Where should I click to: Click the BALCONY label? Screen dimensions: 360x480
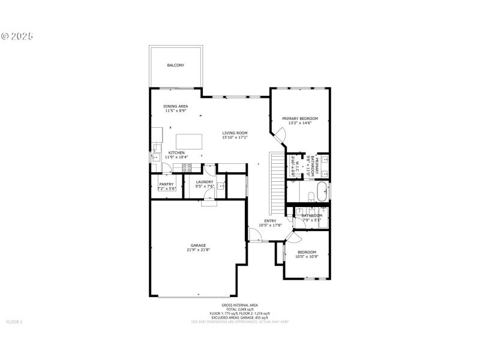coord(176,65)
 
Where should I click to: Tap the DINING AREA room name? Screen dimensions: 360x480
coord(176,106)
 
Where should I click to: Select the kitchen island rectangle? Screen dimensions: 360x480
coord(189,142)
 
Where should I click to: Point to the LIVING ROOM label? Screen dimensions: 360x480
coord(235,133)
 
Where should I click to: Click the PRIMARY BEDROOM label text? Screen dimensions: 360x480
coord(300,119)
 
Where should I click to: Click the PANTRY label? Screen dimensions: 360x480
coord(166,184)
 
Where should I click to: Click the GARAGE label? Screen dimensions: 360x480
coord(199,245)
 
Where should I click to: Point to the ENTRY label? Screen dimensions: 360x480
coord(270,221)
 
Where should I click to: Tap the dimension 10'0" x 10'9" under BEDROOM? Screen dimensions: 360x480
coord(307,257)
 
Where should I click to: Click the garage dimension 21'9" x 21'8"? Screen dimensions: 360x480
coord(199,250)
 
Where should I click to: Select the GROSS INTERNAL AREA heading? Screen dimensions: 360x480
coord(240,305)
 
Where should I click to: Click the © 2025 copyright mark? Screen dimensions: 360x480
coord(17,36)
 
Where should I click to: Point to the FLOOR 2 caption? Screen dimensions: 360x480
coord(14,322)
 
